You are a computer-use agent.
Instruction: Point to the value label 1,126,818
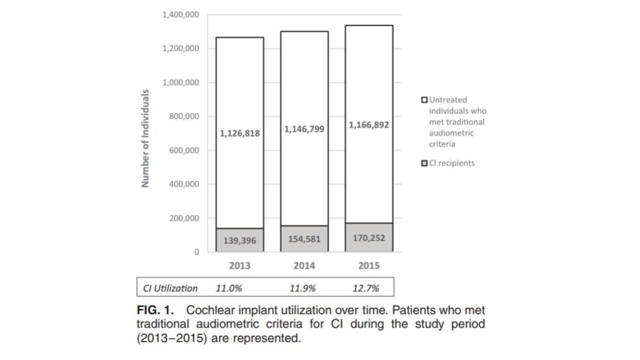[239, 133]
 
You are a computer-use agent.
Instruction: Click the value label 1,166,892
[369, 125]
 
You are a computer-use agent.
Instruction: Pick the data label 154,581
[304, 239]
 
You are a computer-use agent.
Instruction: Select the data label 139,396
[239, 241]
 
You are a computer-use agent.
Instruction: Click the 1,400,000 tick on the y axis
[181, 15]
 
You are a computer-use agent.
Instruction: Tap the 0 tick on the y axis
[197, 252]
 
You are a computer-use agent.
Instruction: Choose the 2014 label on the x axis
[304, 266]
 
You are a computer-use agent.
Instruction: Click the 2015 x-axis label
[369, 266]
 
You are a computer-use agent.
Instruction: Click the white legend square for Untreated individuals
[425, 100]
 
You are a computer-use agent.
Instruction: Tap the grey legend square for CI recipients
[425, 163]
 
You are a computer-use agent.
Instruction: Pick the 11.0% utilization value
[229, 289]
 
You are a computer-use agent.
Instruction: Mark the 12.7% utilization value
[366, 289]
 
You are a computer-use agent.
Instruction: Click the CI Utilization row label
[171, 289]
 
